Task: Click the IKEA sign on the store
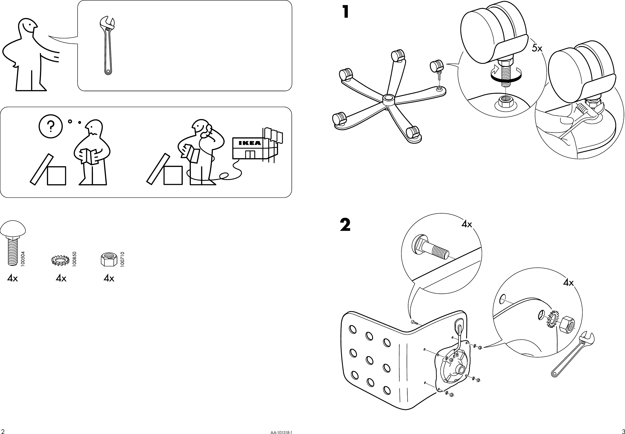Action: pos(249,143)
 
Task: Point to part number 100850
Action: pos(75,259)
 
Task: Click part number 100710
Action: pos(122,259)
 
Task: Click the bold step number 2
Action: pos(345,225)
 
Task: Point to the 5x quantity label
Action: pos(537,49)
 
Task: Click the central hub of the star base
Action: pos(388,100)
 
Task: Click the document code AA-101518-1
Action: pos(282,432)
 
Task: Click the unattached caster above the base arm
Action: pos(437,66)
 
